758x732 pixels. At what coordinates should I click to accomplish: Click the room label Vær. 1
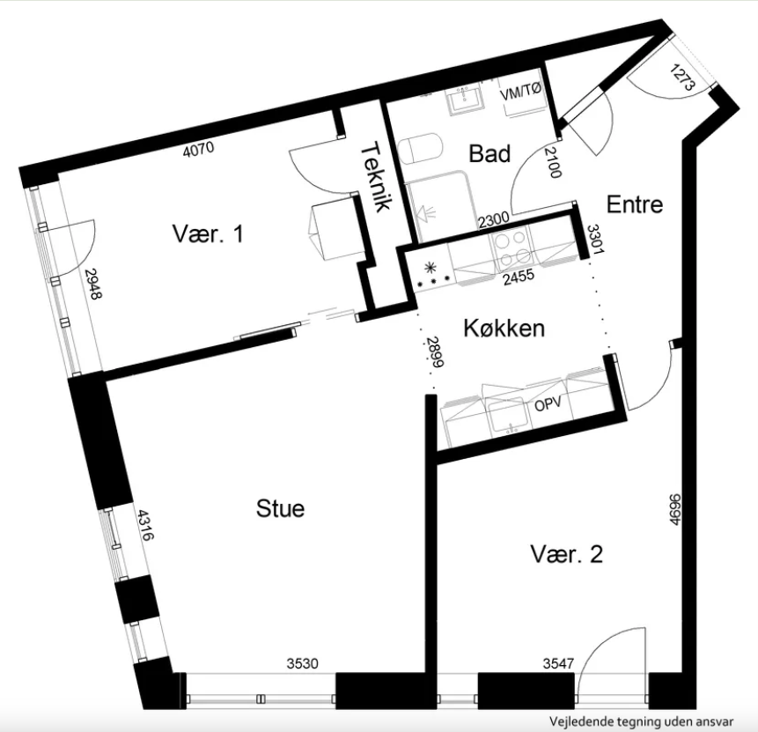pos(208,233)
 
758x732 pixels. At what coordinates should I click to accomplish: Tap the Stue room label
pos(280,508)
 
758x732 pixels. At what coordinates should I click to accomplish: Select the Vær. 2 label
pos(567,554)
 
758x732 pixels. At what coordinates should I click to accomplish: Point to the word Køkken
pos(504,328)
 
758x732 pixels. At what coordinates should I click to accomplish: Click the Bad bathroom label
pos(489,154)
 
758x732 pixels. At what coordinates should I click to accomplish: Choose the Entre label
pos(634,204)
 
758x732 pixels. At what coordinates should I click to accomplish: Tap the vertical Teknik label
pos(376,176)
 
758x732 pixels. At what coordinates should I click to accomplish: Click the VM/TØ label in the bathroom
pos(520,92)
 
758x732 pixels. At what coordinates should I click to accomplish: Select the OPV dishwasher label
pos(548,404)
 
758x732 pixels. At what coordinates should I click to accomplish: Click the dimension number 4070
pos(199,149)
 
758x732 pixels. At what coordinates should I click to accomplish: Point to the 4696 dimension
pos(675,509)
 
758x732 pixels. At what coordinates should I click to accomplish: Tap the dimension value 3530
pos(303,663)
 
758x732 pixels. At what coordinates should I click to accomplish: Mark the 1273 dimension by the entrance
pos(683,78)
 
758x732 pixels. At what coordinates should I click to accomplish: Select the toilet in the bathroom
pos(420,149)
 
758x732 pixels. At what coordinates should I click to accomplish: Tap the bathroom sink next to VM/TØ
pos(466,100)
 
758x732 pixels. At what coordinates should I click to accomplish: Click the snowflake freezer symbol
pos(430,267)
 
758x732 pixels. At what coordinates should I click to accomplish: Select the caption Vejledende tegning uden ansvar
pos(641,721)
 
